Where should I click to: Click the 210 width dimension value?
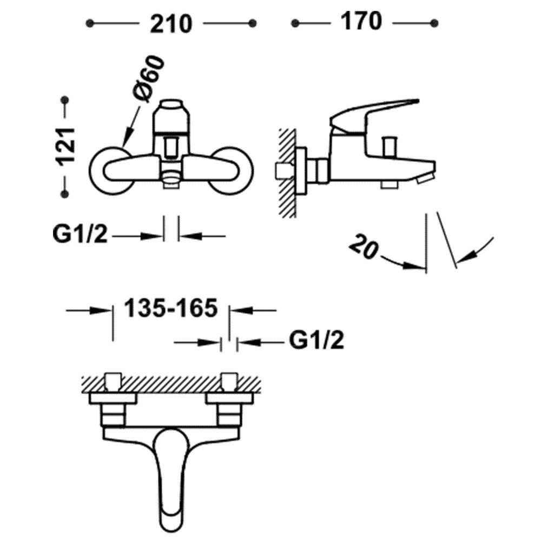click(x=171, y=24)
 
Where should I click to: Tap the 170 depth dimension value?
click(x=361, y=21)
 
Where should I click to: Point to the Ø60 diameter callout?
click(x=148, y=78)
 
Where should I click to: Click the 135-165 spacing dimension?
click(x=171, y=308)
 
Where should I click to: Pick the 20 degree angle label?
click(x=364, y=246)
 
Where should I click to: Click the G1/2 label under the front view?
click(x=80, y=234)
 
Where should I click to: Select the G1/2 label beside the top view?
click(x=316, y=340)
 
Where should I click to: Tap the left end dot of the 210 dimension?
click(x=90, y=23)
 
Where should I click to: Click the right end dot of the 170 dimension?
click(x=434, y=23)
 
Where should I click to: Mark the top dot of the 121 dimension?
click(x=64, y=100)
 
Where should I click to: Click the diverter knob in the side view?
click(x=390, y=146)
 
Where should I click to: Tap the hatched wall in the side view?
click(x=287, y=173)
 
